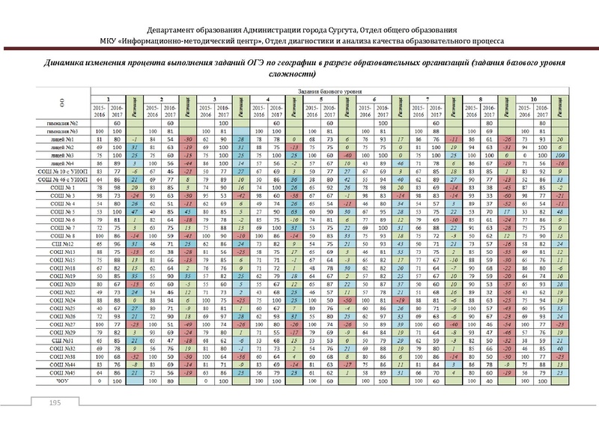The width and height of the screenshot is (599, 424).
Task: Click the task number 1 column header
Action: (x=108, y=99)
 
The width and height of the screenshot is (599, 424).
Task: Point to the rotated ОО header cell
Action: (x=61, y=103)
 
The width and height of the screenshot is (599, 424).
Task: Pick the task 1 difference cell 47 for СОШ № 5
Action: (x=133, y=211)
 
